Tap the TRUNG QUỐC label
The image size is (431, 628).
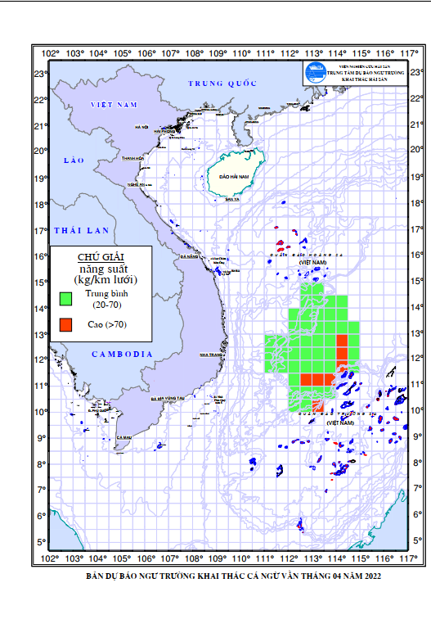(222, 84)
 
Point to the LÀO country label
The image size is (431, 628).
(75, 162)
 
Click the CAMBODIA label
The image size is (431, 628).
(123, 354)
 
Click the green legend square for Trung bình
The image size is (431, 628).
(67, 297)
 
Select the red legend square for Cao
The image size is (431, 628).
(67, 325)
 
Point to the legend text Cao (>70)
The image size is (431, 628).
(108, 325)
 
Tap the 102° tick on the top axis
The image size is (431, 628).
(51, 55)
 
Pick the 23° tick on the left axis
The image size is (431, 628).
(39, 74)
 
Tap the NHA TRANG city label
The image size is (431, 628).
(211, 355)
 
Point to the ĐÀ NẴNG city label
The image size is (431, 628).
(192, 258)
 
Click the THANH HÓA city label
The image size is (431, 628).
(132, 159)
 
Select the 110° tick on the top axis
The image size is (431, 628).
(241, 55)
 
